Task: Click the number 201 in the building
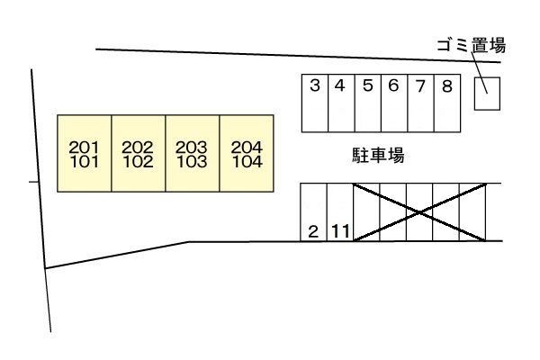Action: pos(84,147)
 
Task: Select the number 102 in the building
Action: pos(138,162)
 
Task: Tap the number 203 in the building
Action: pos(192,147)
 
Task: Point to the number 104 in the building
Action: pos(246,162)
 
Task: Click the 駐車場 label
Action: pos(377,155)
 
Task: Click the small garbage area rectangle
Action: pos(487,92)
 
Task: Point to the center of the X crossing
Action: pos(419,212)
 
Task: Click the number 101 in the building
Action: pos(84,162)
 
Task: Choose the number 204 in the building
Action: pos(246,147)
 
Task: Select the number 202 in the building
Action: pos(138,147)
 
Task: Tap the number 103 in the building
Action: pos(192,162)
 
